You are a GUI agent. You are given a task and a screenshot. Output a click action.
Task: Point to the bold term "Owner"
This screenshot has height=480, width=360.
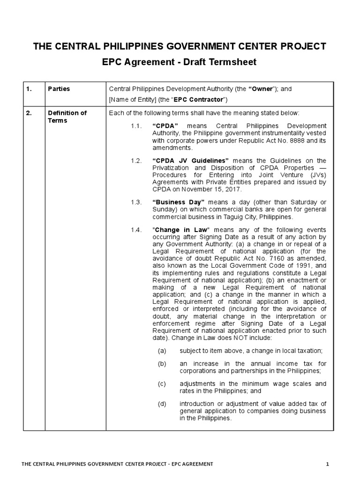(262, 89)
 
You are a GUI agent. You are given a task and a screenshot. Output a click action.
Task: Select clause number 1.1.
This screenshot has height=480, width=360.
(136, 126)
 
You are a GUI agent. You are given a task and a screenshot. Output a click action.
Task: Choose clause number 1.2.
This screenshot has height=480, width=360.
(136, 160)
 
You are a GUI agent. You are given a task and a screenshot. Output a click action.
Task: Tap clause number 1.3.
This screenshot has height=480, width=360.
(136, 202)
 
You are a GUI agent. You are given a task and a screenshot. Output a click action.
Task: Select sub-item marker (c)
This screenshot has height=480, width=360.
(162, 384)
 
